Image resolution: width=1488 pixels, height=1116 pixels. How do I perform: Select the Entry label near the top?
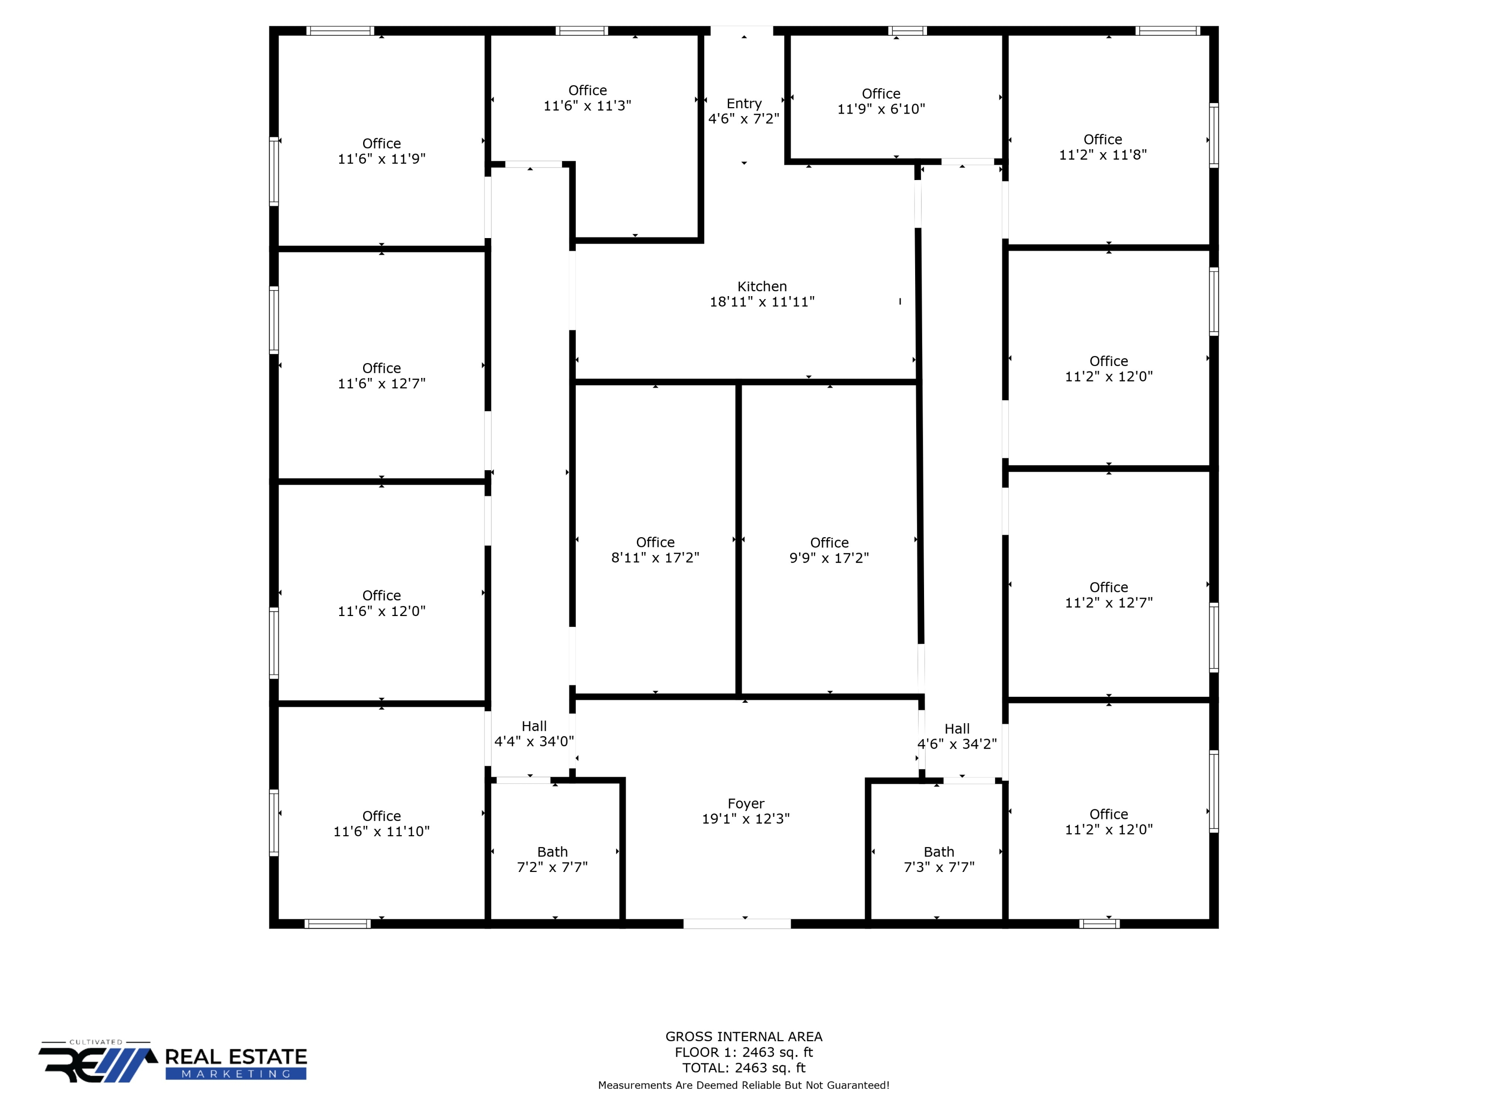point(744,104)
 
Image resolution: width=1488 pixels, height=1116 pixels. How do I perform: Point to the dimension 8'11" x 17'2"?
point(655,558)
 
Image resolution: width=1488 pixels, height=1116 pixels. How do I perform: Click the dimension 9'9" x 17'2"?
point(829,558)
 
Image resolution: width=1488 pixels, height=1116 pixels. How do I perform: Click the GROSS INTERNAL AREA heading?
point(744,1037)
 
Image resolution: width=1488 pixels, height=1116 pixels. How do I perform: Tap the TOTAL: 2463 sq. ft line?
point(744,1067)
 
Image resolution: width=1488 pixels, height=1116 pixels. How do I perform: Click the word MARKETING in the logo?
point(236,1074)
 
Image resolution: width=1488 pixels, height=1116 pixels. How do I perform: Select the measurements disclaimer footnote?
point(744,1085)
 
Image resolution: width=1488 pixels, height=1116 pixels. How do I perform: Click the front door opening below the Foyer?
point(737,924)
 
